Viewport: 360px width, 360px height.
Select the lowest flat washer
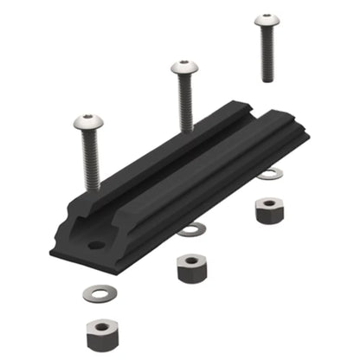[103, 292]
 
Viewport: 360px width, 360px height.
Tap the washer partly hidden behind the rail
[271, 175]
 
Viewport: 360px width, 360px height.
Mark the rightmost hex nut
[270, 209]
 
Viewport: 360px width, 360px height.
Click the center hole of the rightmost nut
[270, 203]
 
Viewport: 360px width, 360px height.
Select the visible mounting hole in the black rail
[94, 246]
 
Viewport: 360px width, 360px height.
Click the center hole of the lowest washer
[103, 292]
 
